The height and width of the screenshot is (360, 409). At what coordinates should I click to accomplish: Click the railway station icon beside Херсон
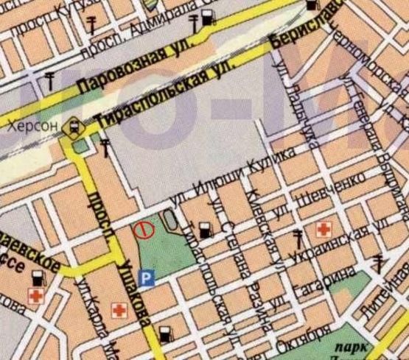tap(74, 129)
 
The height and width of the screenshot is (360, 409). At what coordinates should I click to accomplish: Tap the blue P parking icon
tap(147, 278)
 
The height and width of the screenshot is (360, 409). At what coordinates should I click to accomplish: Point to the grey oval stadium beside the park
tap(170, 219)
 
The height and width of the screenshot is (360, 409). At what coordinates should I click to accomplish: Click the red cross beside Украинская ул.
tap(322, 230)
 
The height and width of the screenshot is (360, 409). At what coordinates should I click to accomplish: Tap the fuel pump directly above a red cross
tap(38, 278)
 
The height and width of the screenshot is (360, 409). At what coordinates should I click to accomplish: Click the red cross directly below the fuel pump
tap(35, 296)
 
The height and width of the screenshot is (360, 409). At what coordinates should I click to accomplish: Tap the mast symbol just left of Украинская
tap(297, 237)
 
